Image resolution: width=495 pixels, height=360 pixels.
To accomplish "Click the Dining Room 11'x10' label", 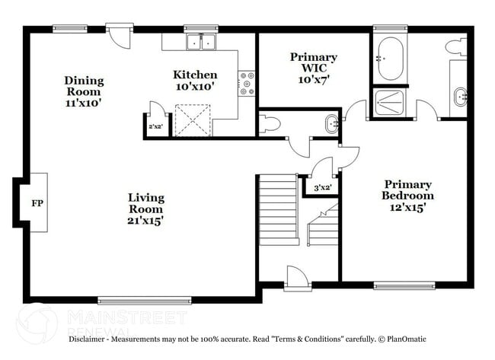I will [x=84, y=91].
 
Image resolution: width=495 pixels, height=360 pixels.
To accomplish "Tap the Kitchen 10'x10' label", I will [x=195, y=81].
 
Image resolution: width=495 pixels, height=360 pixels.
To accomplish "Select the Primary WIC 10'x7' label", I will [x=313, y=68].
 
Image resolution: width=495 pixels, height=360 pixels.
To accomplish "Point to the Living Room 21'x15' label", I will [x=145, y=209].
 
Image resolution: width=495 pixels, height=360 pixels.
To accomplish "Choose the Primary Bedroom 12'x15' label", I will [x=407, y=195].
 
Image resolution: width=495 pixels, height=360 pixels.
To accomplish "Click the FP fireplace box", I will [x=37, y=203].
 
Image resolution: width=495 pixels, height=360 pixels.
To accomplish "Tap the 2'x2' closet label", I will [x=155, y=127].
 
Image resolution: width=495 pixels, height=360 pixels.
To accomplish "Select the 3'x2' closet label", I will [x=322, y=186].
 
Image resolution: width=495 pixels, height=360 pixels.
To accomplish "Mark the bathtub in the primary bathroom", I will [x=390, y=58].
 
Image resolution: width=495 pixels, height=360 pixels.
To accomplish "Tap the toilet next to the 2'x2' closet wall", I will [x=270, y=124].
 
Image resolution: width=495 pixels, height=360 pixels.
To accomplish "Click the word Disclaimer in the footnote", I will [x=88, y=339].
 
